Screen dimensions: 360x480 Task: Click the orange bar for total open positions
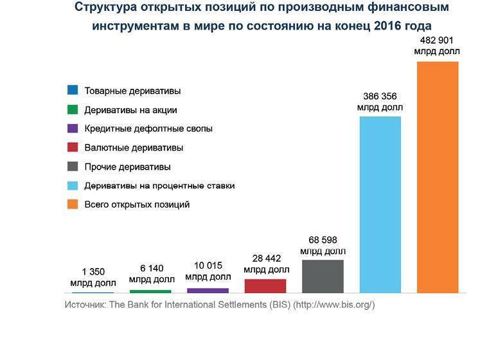[438, 177]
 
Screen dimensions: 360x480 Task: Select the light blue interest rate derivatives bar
[380, 204]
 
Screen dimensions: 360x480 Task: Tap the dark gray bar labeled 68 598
[323, 276]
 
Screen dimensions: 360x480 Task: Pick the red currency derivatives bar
[265, 285]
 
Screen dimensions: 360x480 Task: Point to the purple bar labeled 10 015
[208, 291]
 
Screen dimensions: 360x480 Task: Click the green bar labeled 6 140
[150, 291]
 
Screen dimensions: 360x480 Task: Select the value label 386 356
[380, 96]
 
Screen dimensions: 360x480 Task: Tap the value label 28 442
[265, 258]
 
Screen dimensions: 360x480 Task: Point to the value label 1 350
[93, 272]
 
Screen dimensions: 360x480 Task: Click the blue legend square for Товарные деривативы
[73, 91]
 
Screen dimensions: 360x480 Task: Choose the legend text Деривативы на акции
[130, 110]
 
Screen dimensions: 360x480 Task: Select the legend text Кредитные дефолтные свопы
[148, 129]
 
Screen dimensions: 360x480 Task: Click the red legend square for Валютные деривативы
[73, 148]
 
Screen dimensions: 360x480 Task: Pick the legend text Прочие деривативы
[127, 166]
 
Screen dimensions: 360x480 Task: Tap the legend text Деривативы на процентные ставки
[159, 186]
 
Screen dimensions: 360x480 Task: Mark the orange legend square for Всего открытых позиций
[73, 204]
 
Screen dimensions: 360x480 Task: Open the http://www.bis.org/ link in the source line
[333, 304]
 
